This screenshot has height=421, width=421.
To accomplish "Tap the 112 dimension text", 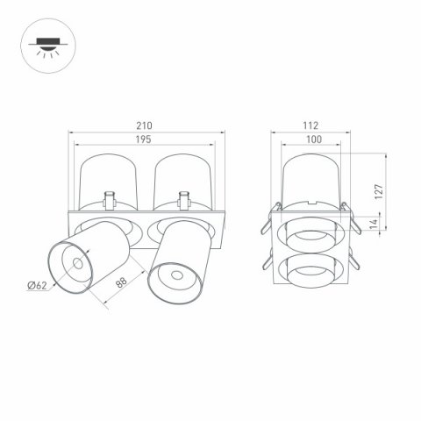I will (x=308, y=126).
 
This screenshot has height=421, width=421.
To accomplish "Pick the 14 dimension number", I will (x=375, y=225).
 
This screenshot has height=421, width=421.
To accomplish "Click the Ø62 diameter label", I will (x=36, y=284).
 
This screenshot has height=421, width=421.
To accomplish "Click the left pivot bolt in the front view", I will (x=110, y=198).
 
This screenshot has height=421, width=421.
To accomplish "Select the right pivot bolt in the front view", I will (x=184, y=198).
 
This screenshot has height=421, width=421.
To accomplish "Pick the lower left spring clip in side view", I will (x=263, y=262).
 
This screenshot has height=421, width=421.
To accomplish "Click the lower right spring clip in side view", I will (x=352, y=260).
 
